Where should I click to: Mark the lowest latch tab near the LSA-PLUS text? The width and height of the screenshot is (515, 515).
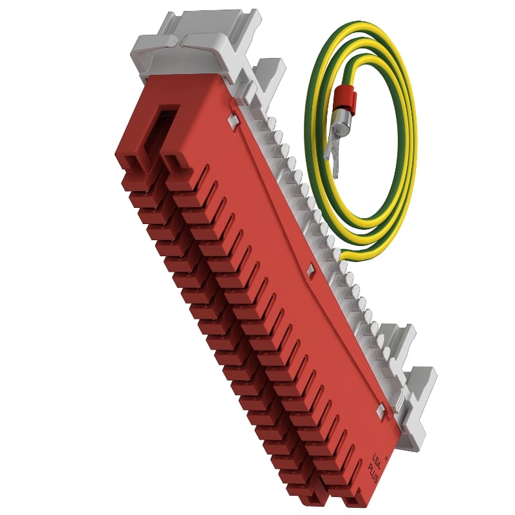click(x=381, y=410)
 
